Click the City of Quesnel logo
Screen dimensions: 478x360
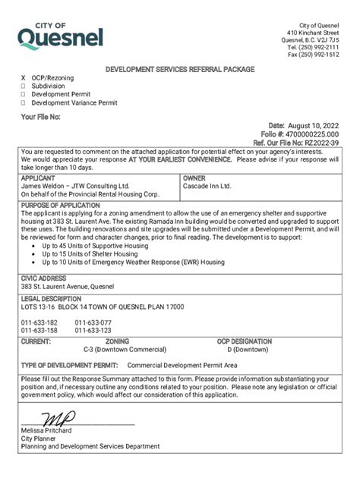click(61, 35)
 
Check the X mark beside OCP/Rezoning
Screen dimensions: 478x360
click(24, 78)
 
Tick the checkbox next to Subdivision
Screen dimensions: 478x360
click(24, 86)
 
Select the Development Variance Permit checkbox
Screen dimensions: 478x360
click(24, 102)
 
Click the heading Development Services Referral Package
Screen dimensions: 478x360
click(180, 69)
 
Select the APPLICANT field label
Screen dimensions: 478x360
click(39, 178)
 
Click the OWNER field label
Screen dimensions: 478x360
click(194, 178)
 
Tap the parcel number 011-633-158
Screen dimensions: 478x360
click(39, 331)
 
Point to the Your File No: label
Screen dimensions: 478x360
click(40, 117)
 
